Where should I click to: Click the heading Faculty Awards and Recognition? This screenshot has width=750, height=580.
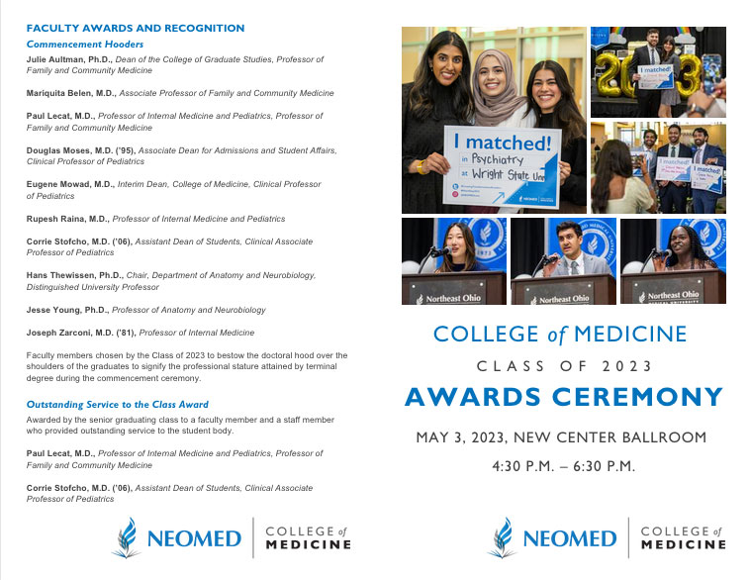point(136,29)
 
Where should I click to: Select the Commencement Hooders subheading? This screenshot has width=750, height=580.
point(85,45)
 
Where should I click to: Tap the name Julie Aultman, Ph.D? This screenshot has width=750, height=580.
point(69,59)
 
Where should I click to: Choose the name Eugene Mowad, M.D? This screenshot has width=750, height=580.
point(72,185)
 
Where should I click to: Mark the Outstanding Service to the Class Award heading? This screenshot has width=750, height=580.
point(118,404)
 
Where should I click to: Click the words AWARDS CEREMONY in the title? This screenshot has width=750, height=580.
point(563,398)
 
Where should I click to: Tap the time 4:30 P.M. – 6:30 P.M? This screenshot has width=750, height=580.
point(563,466)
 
